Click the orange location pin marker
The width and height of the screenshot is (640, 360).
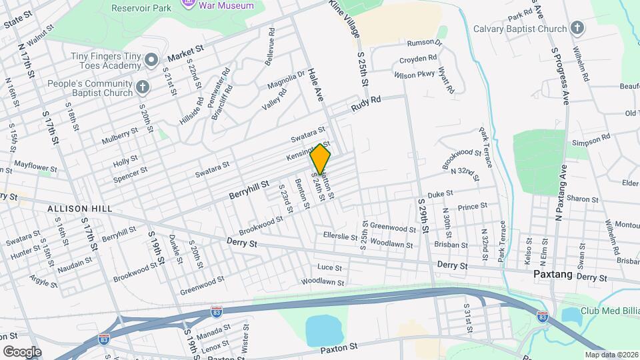coord(321,159)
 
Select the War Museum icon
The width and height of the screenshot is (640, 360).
coord(189,5)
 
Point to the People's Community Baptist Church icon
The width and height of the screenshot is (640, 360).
coord(142,87)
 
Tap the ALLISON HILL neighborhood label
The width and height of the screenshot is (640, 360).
coord(73,209)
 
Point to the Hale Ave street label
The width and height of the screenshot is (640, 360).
coord(315,88)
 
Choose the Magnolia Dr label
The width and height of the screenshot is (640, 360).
coord(286,81)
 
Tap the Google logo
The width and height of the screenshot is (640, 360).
coord(22,351)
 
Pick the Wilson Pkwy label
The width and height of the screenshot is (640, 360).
coord(414,75)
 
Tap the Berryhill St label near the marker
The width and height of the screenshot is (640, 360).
coord(249,189)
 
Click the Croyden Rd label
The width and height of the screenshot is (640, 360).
coord(418,59)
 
